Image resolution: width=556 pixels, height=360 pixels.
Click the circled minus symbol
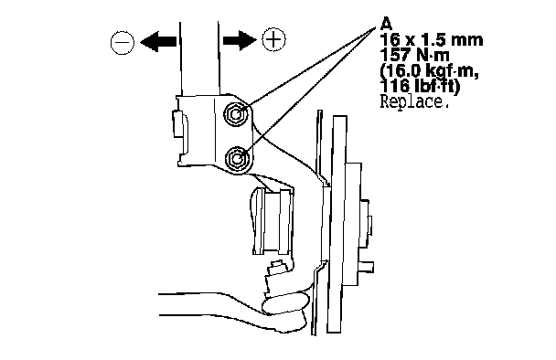123,43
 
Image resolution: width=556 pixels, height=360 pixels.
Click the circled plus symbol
273,38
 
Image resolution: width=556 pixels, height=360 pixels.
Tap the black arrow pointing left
158,42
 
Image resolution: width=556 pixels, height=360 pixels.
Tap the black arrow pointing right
240,39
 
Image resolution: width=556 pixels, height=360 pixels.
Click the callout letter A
386,24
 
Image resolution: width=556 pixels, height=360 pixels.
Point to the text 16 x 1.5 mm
432,39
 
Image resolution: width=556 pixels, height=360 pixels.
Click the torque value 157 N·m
414,55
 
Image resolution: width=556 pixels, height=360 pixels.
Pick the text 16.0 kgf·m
430,71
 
